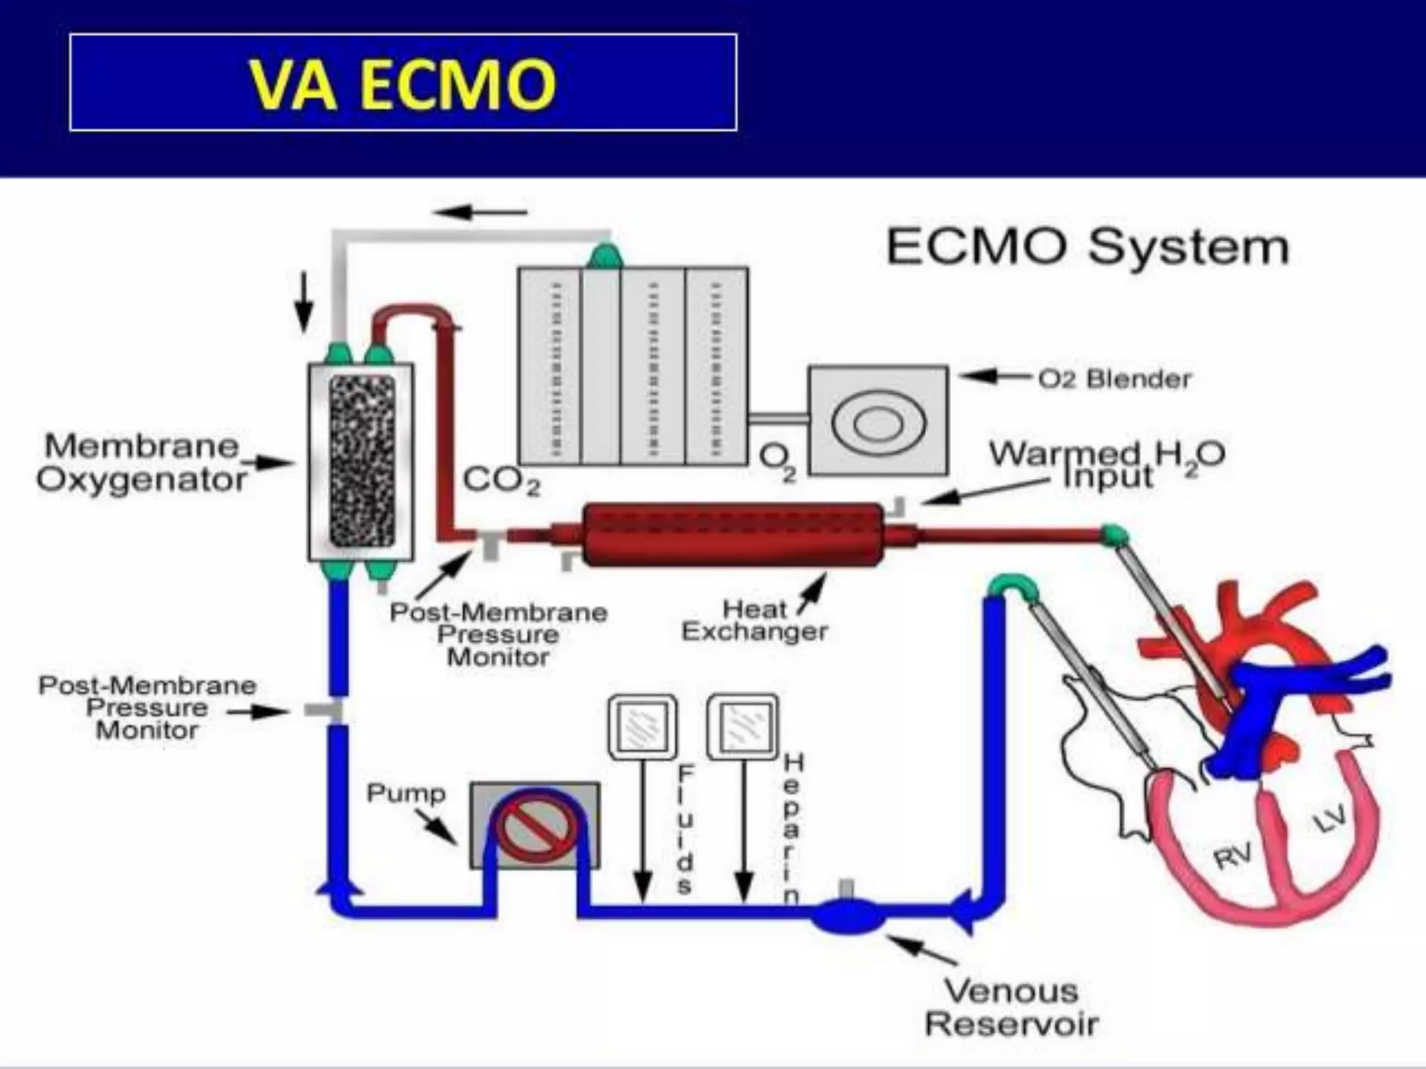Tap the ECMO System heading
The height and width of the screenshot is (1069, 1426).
[1088, 247]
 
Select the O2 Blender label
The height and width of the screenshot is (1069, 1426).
[1114, 379]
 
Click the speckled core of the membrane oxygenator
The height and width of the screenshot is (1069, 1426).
[361, 461]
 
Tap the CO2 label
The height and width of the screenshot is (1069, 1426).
[501, 480]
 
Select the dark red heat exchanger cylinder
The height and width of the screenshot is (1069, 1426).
[732, 534]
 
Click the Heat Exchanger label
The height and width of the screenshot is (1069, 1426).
[755, 621]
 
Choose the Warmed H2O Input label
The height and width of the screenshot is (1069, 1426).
[1107, 465]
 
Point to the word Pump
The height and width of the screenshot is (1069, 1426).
[405, 793]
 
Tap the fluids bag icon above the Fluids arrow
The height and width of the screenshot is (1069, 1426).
[642, 727]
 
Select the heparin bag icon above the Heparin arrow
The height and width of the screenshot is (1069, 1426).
[742, 727]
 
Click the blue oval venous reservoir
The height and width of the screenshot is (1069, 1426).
[848, 915]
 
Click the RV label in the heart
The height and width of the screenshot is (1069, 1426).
[1232, 855]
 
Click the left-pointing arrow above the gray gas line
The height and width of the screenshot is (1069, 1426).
[480, 212]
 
